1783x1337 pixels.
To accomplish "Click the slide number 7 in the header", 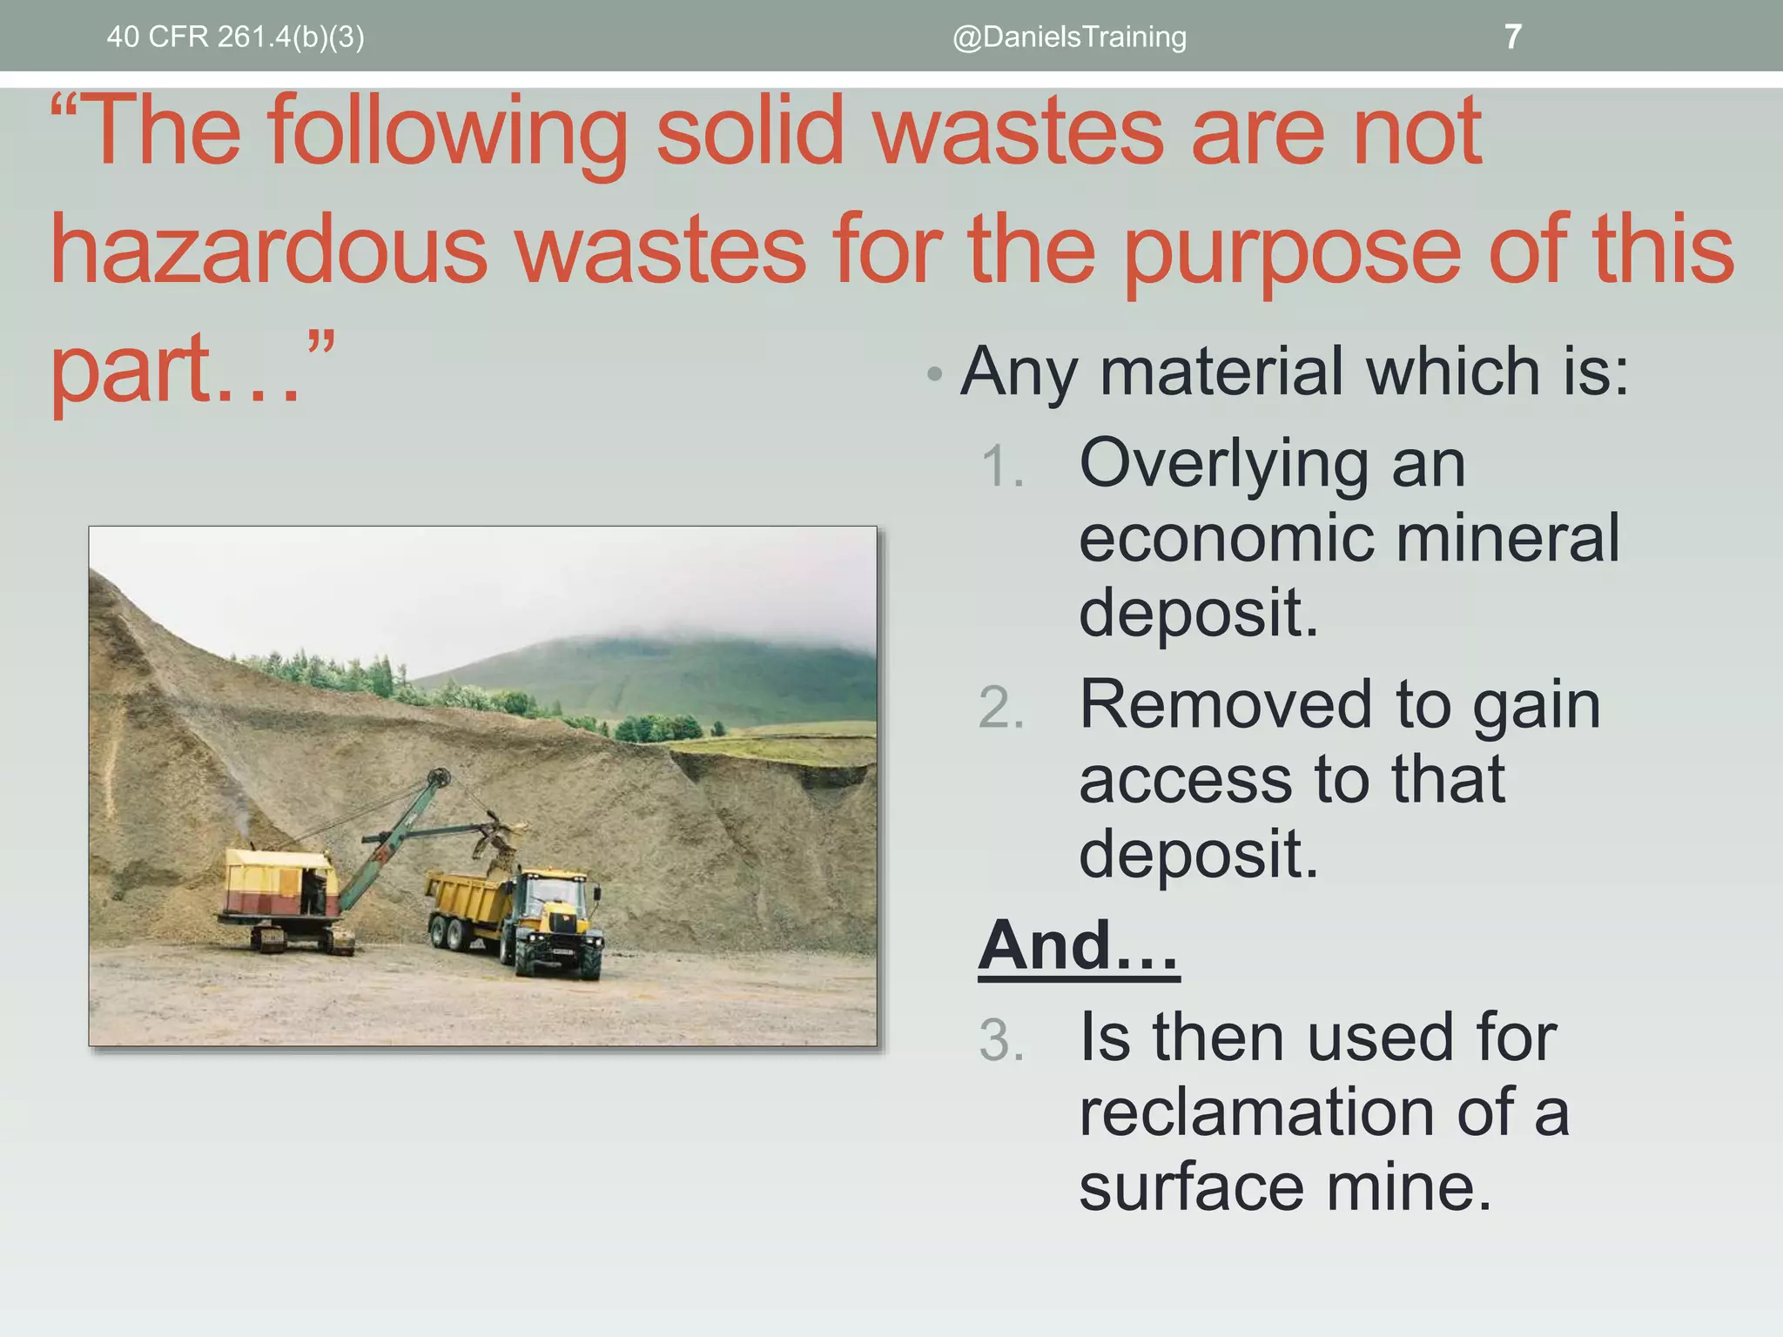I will [x=1512, y=37].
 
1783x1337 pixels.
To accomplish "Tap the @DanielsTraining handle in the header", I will [x=1069, y=37].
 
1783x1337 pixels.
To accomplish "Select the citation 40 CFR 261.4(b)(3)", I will [x=235, y=37].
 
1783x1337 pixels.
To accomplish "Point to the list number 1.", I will [x=1001, y=466].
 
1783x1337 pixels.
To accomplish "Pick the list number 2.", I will [x=1001, y=707].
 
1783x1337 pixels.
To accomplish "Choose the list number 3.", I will [x=1001, y=1040].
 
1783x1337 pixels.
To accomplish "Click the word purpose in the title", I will [x=1292, y=252].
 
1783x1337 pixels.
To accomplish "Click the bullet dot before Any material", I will [x=934, y=374].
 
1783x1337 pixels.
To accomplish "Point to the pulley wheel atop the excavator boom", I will [x=439, y=776].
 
